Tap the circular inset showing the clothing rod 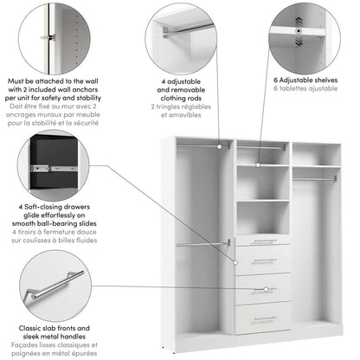(x=179, y=37)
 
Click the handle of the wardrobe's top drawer (x=263, y=241)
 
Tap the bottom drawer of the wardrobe (x=263, y=318)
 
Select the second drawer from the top (x=263, y=260)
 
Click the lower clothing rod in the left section (x=203, y=244)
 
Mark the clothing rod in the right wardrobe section (x=315, y=179)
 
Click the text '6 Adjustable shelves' (x=304, y=79)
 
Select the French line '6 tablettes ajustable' (x=304, y=88)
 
